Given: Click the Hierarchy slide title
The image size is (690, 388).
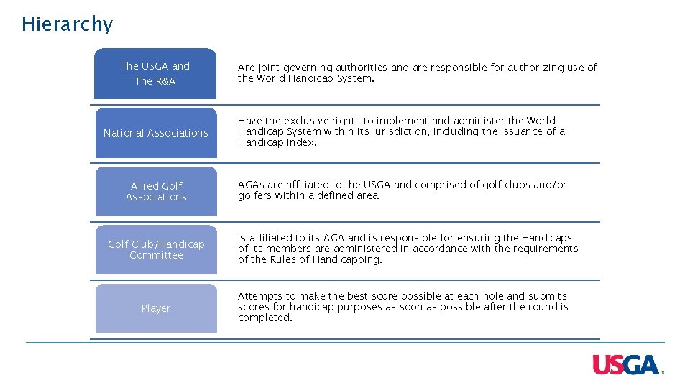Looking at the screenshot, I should click(67, 24).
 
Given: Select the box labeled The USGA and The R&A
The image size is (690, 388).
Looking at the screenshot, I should click(155, 73).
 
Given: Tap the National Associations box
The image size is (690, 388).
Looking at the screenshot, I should click(155, 133).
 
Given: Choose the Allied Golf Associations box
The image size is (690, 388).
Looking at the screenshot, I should click(155, 191).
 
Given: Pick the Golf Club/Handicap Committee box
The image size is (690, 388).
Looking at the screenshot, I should click(155, 249).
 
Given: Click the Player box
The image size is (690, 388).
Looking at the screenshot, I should click(155, 308).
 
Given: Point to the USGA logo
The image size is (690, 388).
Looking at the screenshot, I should click(625, 365).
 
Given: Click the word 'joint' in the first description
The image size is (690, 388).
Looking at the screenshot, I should click(269, 68).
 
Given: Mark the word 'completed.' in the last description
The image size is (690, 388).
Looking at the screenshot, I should click(265, 318).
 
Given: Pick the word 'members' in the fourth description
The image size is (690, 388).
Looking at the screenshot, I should click(287, 249).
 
